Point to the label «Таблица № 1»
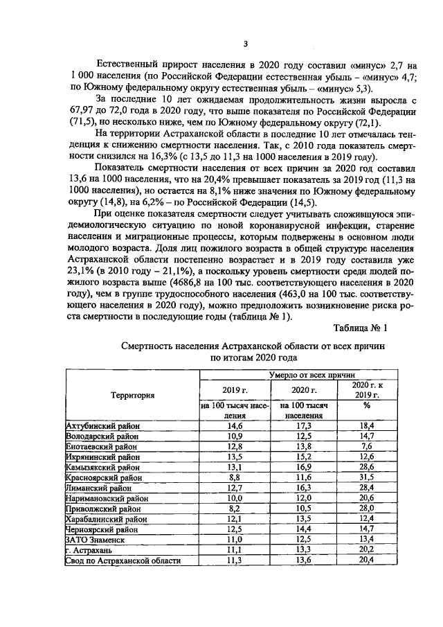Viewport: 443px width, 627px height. (x=360, y=328)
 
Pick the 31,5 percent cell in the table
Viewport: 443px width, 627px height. (x=367, y=478)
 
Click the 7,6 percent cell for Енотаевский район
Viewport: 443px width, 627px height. (x=367, y=447)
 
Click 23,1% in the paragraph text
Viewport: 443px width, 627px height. (x=82, y=272)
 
